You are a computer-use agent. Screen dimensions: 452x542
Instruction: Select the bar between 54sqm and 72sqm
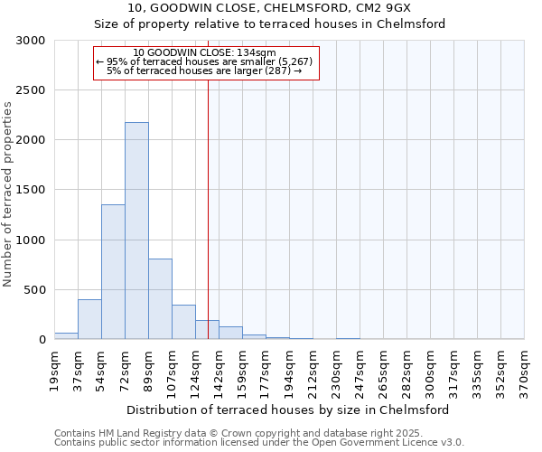113,271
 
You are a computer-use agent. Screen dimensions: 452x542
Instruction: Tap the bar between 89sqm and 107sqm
160,298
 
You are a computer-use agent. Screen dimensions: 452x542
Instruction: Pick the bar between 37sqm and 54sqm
89,319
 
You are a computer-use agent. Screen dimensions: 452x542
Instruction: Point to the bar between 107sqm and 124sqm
183,322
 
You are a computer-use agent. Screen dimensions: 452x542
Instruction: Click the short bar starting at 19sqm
66,335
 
